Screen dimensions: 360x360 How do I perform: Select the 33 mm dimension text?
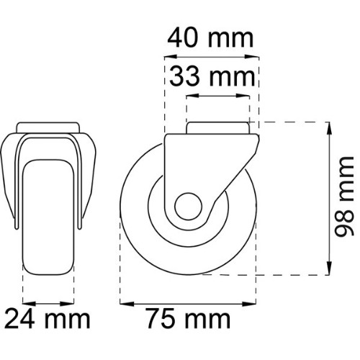pyautogui.click(x=212, y=76)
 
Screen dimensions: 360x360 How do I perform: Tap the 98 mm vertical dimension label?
pyautogui.click(x=344, y=197)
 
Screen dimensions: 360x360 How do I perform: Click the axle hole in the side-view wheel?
pyautogui.click(x=189, y=206)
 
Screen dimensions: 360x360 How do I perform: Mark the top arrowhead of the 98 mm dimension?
pyautogui.click(x=330, y=129)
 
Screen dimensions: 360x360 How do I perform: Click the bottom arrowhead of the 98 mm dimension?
pyautogui.click(x=330, y=268)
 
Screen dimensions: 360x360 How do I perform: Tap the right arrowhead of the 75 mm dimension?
pyautogui.click(x=249, y=304)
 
